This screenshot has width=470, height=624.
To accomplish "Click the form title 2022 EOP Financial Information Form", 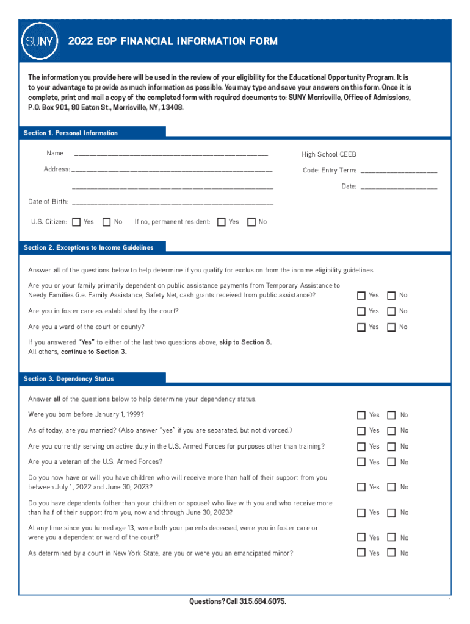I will coord(173,41).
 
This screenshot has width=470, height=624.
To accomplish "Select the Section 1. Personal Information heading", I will coord(71,133).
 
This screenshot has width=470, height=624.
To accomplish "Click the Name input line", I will coord(171,154).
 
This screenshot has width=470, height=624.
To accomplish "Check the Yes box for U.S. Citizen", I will coord(76,222).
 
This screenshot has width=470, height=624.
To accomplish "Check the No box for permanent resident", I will coord(251,222).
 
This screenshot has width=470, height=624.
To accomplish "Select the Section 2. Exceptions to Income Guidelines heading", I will coord(89,247).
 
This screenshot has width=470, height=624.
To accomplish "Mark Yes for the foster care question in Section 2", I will coord(361,311).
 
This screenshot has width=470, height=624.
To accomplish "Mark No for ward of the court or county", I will coord(392,327).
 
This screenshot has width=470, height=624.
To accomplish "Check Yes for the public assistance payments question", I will coord(361,296).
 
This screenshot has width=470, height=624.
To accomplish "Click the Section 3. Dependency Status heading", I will coord(69,379).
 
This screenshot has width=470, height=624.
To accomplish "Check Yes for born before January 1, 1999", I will coord(361,415).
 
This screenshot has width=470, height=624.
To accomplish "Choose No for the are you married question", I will coord(392,431).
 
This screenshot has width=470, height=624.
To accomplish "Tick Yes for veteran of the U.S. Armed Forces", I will coord(361,463).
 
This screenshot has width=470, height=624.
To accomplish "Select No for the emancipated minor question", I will coord(392,553).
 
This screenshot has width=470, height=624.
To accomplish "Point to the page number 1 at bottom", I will coord(449,601).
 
